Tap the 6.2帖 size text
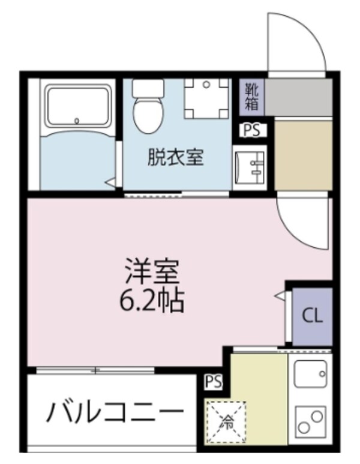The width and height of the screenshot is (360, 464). [152, 300]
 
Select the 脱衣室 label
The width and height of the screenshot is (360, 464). [176, 157]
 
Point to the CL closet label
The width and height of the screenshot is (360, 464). [312, 316]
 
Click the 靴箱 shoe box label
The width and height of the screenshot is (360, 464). [251, 97]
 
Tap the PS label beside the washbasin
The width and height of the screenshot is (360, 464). [253, 130]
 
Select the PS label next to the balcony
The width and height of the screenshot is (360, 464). [213, 381]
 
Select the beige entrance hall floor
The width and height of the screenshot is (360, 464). [302, 154]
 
